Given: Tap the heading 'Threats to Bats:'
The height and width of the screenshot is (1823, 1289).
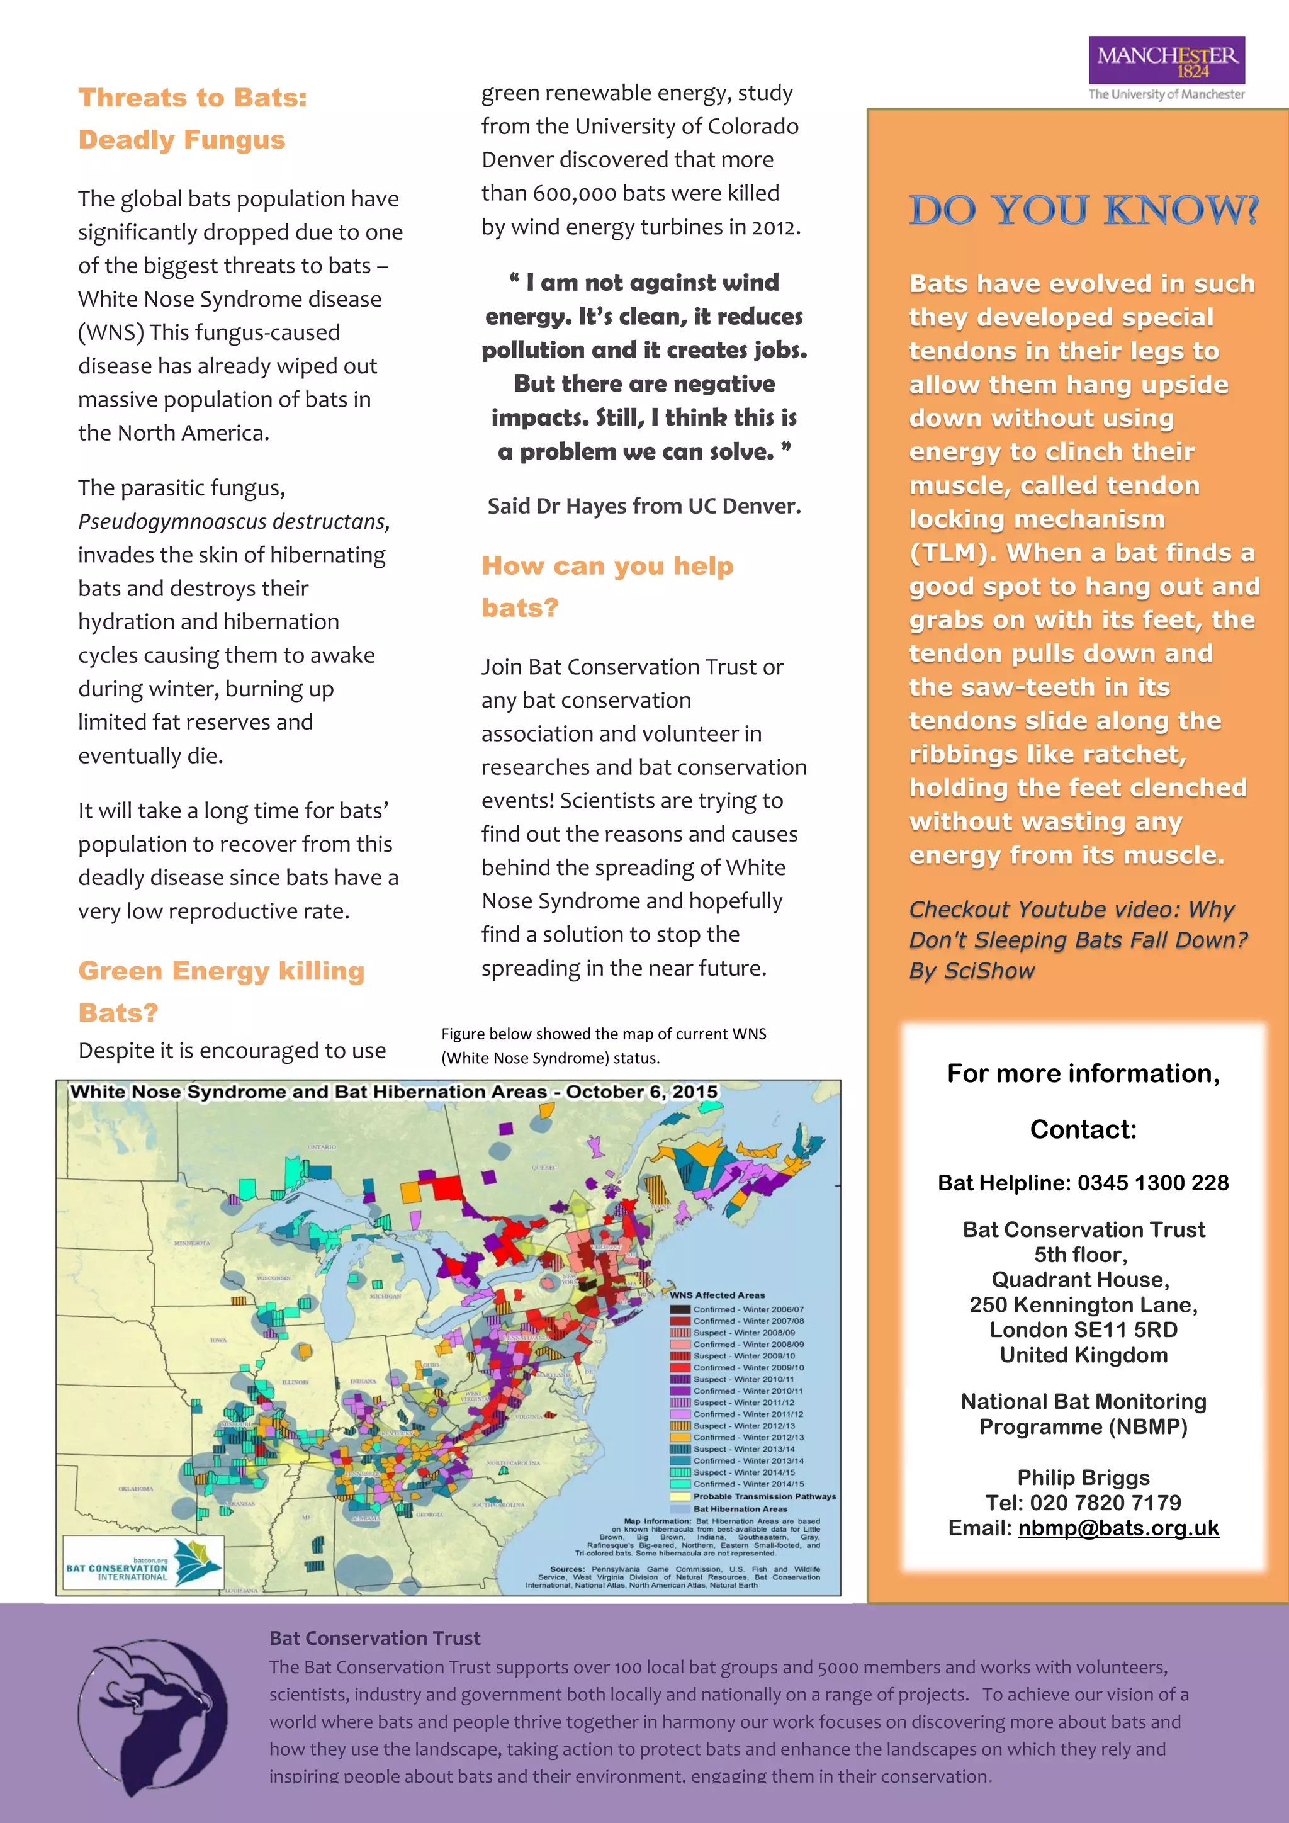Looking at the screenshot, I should click(x=193, y=98).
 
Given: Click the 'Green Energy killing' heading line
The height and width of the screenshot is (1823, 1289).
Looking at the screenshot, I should click(x=222, y=971).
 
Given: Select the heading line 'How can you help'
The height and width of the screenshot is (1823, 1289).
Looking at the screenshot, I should click(x=607, y=566).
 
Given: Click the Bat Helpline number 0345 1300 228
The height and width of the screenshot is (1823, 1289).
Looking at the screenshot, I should click(x=1152, y=1183).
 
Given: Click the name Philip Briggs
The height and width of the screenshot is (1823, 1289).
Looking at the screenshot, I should click(x=1083, y=1477).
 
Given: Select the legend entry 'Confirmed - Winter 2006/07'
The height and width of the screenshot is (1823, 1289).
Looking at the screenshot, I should click(x=747, y=1309).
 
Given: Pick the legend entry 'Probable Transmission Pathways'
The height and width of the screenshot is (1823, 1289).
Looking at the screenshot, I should click(x=763, y=1497).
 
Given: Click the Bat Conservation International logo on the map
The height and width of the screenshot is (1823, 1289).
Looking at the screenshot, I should click(x=143, y=1562).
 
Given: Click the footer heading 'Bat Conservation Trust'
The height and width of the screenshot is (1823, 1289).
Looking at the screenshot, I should click(x=374, y=1639).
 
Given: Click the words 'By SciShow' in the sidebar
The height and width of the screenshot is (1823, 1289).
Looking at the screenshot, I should click(x=972, y=971).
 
